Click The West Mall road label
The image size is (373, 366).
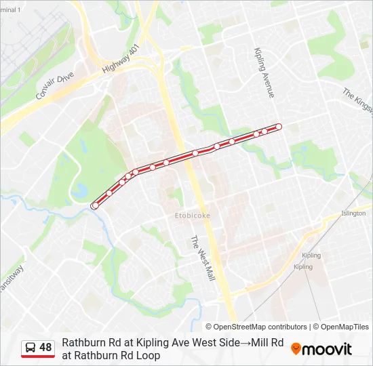click(201, 260)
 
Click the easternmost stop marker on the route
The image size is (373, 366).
click(278, 127)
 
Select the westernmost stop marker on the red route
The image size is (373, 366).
click(95, 205)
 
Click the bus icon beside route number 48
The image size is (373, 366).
click(31, 348)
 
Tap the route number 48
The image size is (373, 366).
click(45, 348)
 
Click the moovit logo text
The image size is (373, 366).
click(327, 349)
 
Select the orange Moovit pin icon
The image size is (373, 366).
click(296, 348)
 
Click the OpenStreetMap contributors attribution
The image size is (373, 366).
click(256, 327)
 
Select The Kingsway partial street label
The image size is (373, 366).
click(357, 100)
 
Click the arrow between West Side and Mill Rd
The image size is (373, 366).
click(244, 342)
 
